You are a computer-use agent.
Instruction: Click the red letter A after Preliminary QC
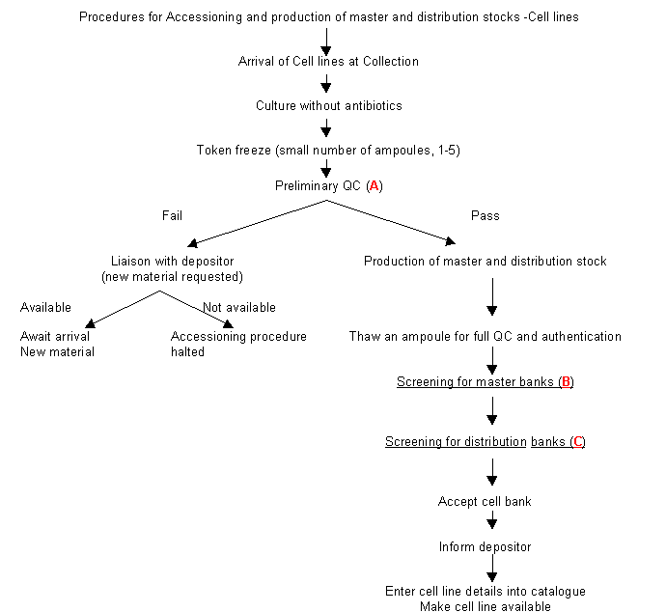[x=375, y=185]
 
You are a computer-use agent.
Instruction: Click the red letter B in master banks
[x=566, y=382]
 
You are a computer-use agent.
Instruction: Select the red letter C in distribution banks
[x=577, y=442]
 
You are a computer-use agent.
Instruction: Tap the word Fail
[x=172, y=216]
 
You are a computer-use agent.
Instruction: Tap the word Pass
[x=485, y=216]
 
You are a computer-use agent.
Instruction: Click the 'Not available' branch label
[x=239, y=308]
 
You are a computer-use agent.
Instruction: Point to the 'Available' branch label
[x=46, y=308]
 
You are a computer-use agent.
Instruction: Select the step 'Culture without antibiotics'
[x=328, y=105]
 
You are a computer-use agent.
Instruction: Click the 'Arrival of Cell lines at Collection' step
[x=328, y=62]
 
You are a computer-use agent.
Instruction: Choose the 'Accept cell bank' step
[x=485, y=502]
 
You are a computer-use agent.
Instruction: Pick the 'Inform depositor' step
[x=485, y=547]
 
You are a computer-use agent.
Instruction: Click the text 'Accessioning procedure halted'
[x=238, y=345]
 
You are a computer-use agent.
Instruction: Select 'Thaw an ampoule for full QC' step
[x=485, y=337]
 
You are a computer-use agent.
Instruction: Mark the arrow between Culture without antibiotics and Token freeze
[x=327, y=127]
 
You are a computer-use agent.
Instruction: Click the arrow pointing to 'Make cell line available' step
[x=492, y=570]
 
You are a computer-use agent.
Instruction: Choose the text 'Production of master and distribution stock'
[x=485, y=262]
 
